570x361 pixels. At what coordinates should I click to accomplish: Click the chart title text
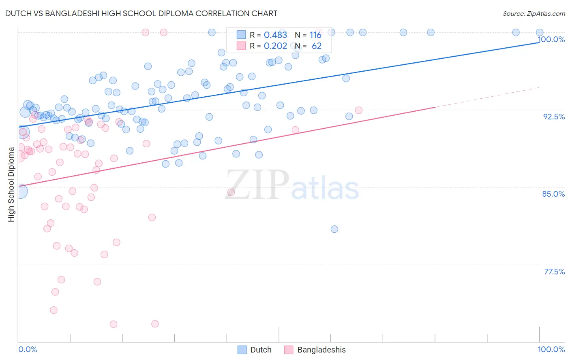tap(141, 13)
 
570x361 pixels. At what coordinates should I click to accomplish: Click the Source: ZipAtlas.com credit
tap(534, 13)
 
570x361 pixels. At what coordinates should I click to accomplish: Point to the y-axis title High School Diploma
tap(11, 184)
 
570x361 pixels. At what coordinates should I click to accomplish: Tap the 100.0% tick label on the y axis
tap(551, 39)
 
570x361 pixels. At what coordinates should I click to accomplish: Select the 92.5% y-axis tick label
tap(554, 117)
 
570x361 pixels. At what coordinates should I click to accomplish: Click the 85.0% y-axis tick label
tap(553, 194)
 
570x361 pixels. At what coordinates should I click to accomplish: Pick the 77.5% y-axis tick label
tap(554, 272)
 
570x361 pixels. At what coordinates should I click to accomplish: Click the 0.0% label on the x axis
tap(28, 349)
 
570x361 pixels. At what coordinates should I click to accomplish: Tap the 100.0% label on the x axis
tap(551, 349)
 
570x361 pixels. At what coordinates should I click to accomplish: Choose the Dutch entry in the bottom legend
tap(261, 350)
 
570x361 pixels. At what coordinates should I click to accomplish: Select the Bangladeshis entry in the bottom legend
tap(321, 350)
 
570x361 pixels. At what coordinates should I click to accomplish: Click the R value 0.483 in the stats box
tap(275, 35)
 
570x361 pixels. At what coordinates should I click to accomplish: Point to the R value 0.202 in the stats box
tap(275, 46)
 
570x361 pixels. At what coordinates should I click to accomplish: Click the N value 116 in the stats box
tap(315, 35)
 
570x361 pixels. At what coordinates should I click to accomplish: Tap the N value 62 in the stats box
tap(317, 46)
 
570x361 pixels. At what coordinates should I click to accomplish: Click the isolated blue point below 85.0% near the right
tap(334, 229)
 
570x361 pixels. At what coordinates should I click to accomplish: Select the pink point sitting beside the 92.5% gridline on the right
tap(359, 110)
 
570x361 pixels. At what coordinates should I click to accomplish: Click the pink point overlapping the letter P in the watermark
tap(231, 192)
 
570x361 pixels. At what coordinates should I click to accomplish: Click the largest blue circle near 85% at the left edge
tap(20, 191)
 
